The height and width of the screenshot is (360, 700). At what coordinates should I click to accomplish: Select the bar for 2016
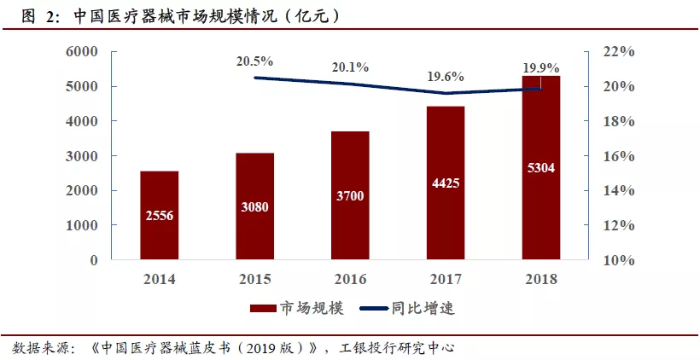[350, 195]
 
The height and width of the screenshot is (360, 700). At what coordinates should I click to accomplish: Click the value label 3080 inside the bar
[255, 206]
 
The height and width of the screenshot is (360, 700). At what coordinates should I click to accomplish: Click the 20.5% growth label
[255, 61]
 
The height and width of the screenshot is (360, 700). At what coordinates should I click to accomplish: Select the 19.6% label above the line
[446, 77]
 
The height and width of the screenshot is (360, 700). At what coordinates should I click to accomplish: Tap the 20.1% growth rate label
[350, 67]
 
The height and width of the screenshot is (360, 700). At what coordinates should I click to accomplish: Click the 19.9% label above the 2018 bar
[541, 67]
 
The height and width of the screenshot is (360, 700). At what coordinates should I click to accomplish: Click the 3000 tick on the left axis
[83, 156]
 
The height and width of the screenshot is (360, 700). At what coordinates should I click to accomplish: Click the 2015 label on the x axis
[255, 279]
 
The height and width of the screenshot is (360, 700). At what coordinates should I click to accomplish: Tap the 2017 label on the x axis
[446, 279]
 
